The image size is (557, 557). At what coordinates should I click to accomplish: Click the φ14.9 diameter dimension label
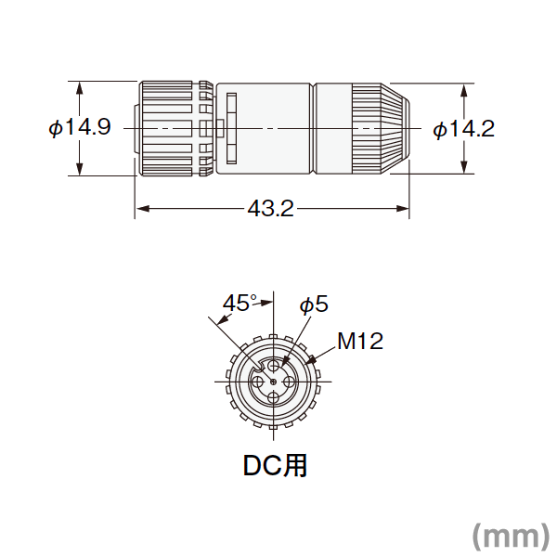coord(80,127)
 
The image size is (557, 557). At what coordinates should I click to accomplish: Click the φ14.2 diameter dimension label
coord(463,129)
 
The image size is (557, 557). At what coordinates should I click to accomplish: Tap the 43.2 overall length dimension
coord(271,209)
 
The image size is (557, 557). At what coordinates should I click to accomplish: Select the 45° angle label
coord(240,304)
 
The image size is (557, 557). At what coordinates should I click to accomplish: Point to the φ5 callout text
coord(314,304)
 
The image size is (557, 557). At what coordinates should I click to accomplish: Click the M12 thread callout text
coord(360,341)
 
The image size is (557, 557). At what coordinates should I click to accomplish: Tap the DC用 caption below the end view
coord(275,466)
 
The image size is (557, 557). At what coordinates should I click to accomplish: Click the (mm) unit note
coord(511,536)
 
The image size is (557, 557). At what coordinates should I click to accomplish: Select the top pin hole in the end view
coord(273,365)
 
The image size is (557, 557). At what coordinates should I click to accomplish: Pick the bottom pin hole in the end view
coord(273,398)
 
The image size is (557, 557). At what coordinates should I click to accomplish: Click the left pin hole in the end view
coord(257,382)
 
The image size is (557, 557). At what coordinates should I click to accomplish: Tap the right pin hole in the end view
coord(290,382)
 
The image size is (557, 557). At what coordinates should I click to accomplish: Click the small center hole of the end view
coord(273,382)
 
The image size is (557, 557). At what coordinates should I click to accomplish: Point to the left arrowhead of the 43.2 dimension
coord(142,209)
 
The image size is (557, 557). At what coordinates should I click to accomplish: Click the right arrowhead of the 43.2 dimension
coord(402,209)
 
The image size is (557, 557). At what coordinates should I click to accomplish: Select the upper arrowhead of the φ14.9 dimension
coord(80,88)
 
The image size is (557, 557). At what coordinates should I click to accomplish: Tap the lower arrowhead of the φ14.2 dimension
coord(463,167)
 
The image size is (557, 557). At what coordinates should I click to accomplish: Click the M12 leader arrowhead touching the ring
coord(311,360)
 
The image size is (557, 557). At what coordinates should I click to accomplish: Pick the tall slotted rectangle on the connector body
coord(231,128)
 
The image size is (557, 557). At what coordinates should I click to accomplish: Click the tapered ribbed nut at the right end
coord(381,129)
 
